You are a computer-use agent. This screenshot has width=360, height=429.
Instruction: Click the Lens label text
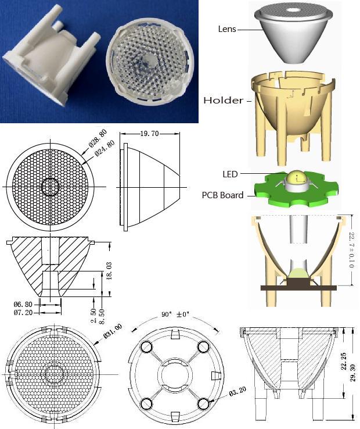tap(227, 29)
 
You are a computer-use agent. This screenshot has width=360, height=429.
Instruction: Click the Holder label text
tap(223, 100)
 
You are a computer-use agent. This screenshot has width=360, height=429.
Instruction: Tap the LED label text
tap(230, 174)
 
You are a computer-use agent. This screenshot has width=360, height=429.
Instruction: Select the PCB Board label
tap(222, 195)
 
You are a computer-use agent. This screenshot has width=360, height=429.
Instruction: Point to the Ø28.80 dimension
tap(98, 139)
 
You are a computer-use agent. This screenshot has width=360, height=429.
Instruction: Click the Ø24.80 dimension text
tap(105, 149)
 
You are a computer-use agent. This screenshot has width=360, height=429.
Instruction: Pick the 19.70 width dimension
tap(149, 134)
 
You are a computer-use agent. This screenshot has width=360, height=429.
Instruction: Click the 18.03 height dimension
tap(109, 271)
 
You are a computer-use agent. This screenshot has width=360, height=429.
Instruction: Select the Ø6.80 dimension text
tap(23, 304)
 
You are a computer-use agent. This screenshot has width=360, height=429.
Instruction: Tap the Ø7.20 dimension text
tap(23, 312)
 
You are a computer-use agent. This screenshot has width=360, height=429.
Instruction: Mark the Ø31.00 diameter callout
tap(112, 331)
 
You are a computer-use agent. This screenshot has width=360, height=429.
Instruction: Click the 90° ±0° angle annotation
tap(175, 314)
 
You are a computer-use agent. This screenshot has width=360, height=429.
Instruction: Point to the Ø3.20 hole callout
tap(237, 392)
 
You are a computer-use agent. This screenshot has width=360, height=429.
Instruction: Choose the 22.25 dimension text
tap(344, 361)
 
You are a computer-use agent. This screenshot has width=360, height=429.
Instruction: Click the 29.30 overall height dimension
tap(353, 373)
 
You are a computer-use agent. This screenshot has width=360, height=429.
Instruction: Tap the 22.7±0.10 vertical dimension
tap(352, 250)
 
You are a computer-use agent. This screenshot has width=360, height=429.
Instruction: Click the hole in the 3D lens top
tap(293, 10)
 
